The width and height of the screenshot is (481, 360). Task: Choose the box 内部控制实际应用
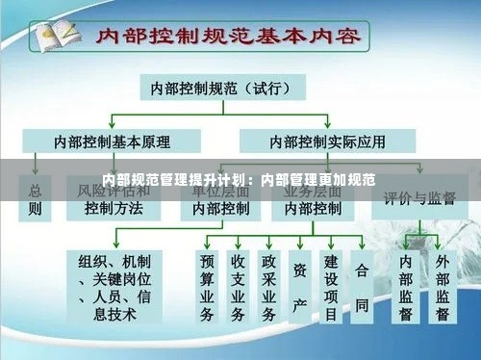click(x=327, y=141)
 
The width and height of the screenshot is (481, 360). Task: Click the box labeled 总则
click(x=36, y=197)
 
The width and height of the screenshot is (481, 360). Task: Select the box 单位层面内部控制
click(x=220, y=197)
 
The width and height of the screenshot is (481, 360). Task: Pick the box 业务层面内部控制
click(x=312, y=197)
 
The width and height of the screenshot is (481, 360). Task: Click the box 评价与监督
click(x=419, y=198)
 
